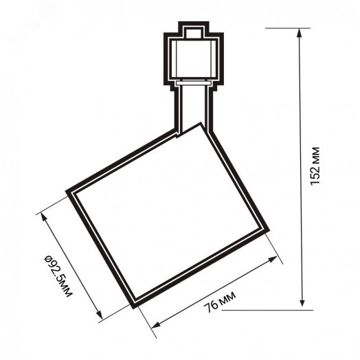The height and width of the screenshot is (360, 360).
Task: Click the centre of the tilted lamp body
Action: coord(168,214)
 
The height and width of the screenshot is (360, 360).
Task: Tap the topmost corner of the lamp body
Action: coord(201,124)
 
